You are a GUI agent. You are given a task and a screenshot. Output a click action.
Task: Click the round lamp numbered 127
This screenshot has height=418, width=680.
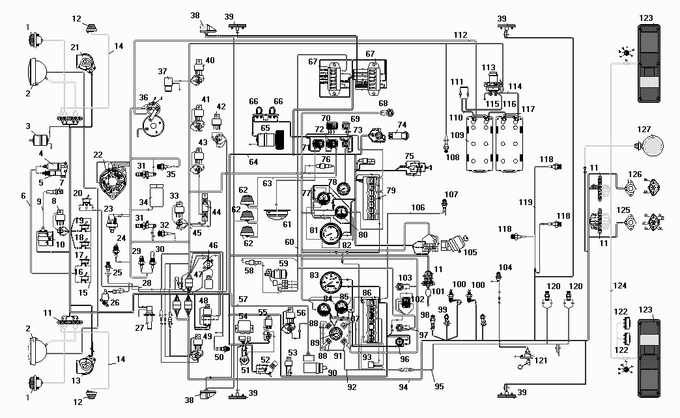point(652,146)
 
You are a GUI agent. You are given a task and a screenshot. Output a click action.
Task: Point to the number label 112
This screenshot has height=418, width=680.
point(460,35)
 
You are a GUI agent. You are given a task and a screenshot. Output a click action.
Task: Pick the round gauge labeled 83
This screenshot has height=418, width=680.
point(331,283)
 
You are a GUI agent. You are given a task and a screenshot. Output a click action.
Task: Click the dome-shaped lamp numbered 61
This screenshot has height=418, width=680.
point(277,214)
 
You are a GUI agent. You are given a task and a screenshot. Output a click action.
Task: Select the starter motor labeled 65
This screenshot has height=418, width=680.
point(269,141)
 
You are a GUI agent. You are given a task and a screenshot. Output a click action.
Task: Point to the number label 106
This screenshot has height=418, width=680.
point(418,208)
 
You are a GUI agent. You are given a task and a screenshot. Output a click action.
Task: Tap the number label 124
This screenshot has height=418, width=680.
point(619,286)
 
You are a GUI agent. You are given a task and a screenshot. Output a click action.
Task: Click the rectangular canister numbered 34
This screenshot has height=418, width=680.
point(156,195)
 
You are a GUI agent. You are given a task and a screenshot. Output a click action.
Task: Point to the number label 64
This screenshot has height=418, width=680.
point(254,161)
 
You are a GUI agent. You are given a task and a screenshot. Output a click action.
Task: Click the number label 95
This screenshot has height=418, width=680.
point(439,386)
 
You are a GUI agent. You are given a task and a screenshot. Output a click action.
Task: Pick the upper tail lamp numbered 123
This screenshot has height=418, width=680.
point(649,63)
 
